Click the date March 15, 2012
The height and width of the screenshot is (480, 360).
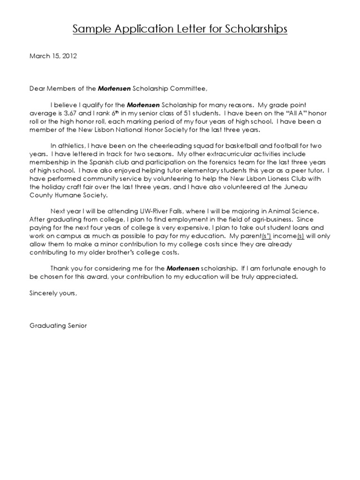pyautogui.click(x=53, y=56)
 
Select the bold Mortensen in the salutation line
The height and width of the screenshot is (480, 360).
pyautogui.click(x=114, y=88)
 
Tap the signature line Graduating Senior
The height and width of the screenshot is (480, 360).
pyautogui.click(x=58, y=325)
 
